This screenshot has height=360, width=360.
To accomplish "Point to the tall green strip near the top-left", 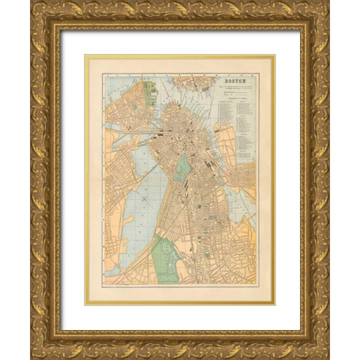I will (148, 93).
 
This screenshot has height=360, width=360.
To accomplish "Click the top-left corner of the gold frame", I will (34, 4).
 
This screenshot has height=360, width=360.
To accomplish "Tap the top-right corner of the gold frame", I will (325, 4).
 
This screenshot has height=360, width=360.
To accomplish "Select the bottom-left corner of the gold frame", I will (34, 355).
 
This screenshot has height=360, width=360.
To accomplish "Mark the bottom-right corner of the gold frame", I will (325, 355).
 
